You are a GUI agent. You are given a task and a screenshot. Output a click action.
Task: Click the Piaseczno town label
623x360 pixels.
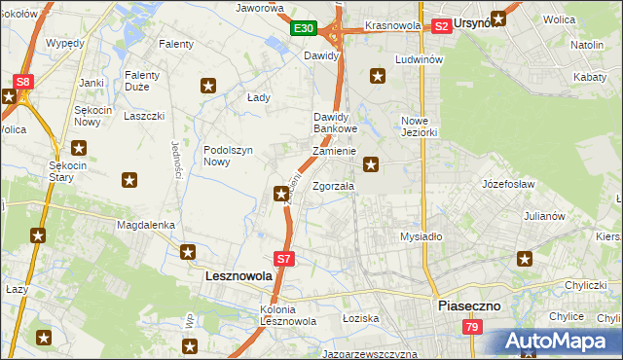pos(468,305)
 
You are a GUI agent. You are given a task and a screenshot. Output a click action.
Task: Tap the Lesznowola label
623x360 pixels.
pos(238,275)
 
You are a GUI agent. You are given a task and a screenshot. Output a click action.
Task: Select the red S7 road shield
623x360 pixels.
pos(282,259)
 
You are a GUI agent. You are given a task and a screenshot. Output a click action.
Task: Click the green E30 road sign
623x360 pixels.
pos(303,28)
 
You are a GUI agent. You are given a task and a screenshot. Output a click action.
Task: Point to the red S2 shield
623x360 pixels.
pos(441,26)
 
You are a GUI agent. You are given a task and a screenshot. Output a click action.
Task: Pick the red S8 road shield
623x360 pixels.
pos(23,82)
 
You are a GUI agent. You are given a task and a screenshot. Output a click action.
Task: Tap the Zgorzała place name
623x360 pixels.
pos(333,186)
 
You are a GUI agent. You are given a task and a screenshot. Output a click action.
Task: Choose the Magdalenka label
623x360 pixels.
pos(145,224)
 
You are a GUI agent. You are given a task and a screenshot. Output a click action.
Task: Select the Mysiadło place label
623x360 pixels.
pos(421,236)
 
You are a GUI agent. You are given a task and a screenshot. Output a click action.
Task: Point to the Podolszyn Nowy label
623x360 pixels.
pos(229,156)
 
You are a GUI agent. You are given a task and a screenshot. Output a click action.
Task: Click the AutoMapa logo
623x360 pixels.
pos(556,341)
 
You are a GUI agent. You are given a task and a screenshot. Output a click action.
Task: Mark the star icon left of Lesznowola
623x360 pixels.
pos(188,252)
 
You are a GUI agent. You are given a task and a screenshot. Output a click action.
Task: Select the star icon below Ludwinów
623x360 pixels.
pos(378,76)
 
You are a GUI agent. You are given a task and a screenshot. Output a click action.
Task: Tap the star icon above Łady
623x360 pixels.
pos(207,86)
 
